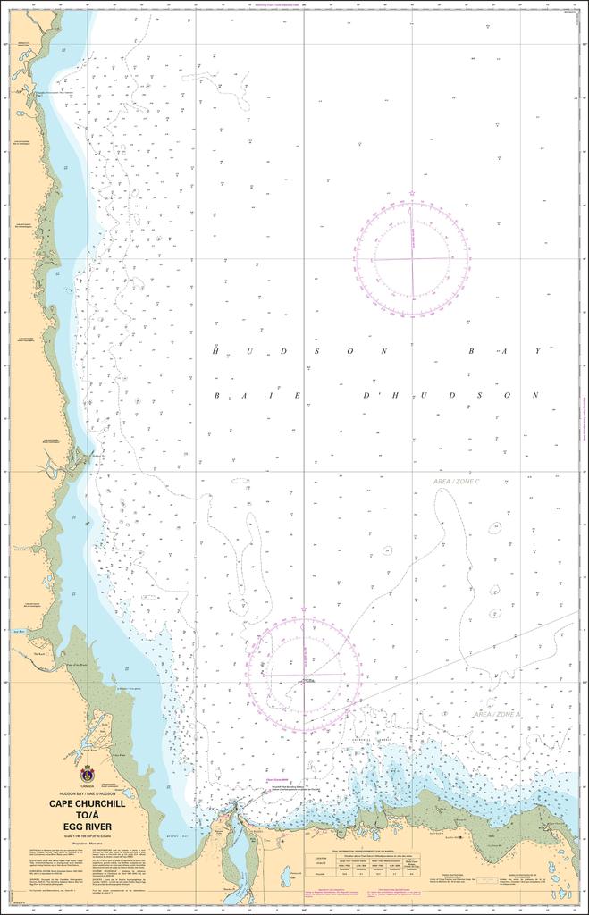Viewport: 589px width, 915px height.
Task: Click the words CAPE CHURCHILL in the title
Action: point(88,803)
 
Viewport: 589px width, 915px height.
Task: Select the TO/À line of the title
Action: point(88,814)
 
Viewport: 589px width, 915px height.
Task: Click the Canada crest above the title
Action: point(88,774)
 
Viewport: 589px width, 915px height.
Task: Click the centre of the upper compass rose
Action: point(412,259)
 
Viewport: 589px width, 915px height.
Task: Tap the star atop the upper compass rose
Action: point(412,193)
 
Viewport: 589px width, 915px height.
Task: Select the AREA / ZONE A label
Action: point(496,715)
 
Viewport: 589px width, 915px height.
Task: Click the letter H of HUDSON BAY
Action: point(215,351)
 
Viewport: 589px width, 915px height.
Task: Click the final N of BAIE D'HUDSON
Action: point(537,395)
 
